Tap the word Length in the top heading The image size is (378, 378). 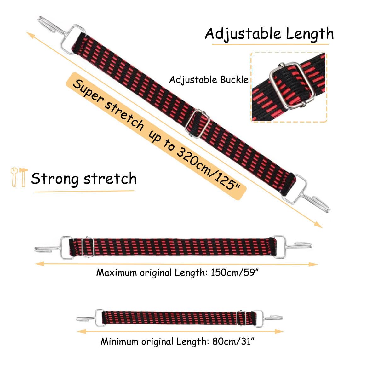coord(310,34)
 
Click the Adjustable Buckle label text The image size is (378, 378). coord(209,80)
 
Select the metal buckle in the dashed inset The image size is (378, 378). coord(292,85)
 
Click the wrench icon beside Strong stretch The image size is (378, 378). coord(14,177)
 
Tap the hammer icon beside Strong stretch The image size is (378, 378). coord(23,177)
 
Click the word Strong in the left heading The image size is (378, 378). coord(55,179)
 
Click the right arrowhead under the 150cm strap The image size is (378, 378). coord(313,264)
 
